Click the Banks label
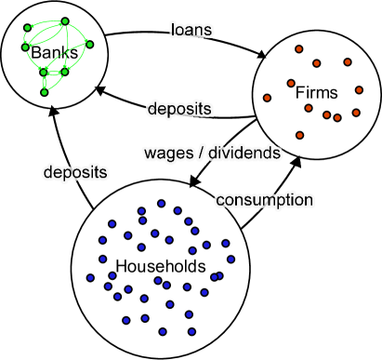47,53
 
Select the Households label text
160,267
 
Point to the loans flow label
192,30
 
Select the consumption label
264,199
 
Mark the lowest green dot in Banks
44,92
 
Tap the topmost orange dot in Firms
298,49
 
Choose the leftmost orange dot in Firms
267,97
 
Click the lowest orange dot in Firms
298,135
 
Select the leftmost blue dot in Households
90,277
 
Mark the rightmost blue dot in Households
231,258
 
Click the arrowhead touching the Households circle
195,180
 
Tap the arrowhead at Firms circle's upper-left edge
261,54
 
